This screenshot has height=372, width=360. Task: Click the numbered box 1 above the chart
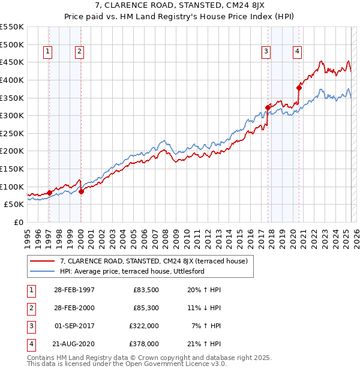pos(47,52)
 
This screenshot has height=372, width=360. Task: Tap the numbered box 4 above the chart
pos(297,52)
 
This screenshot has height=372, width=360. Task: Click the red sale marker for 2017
pos(268,108)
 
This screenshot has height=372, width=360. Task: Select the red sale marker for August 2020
pos(299,88)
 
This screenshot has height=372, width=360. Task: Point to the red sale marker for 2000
pos(81,192)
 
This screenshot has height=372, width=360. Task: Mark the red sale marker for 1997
pos(49,193)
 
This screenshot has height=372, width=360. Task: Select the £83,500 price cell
pos(145,290)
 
